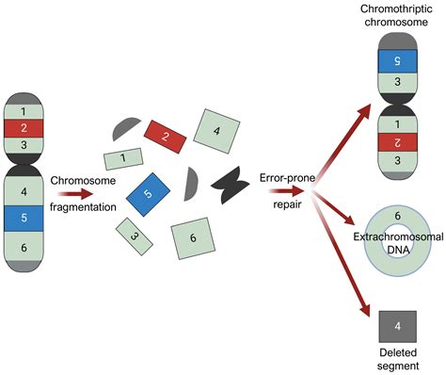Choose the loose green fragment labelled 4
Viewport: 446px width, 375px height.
click(215, 130)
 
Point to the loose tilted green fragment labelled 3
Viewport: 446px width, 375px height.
click(135, 236)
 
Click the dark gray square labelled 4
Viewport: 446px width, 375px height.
click(396, 327)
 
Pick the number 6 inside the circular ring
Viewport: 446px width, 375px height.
click(396, 216)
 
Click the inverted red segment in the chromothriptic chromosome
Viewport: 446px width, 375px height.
click(396, 141)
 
